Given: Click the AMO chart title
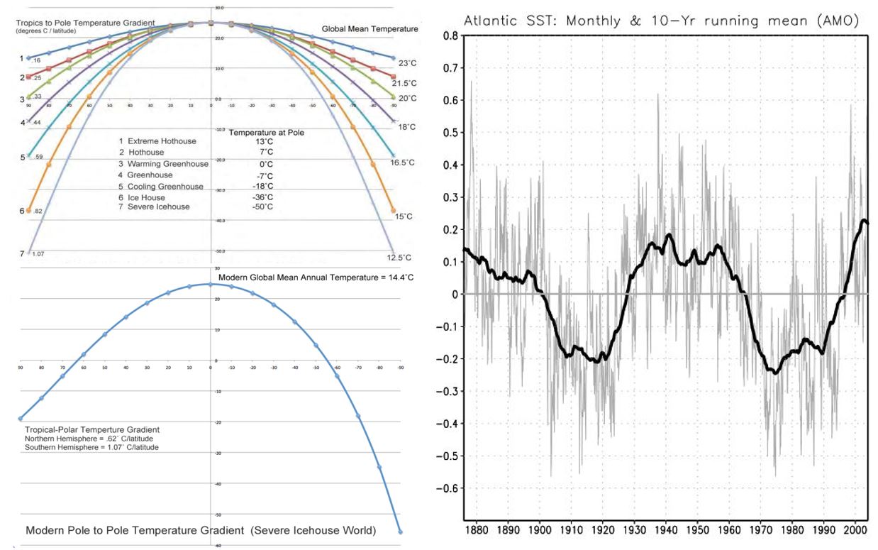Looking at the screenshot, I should [661, 21].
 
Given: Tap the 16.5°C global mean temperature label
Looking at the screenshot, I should [402, 163].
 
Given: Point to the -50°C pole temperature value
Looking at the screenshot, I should [262, 207].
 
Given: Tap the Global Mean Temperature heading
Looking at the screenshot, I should [369, 29].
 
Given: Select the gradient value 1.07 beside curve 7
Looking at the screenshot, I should [38, 253].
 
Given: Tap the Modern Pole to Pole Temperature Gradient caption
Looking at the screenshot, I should [201, 530].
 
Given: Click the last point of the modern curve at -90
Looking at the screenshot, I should [400, 532].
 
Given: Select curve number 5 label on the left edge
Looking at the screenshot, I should [23, 157].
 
